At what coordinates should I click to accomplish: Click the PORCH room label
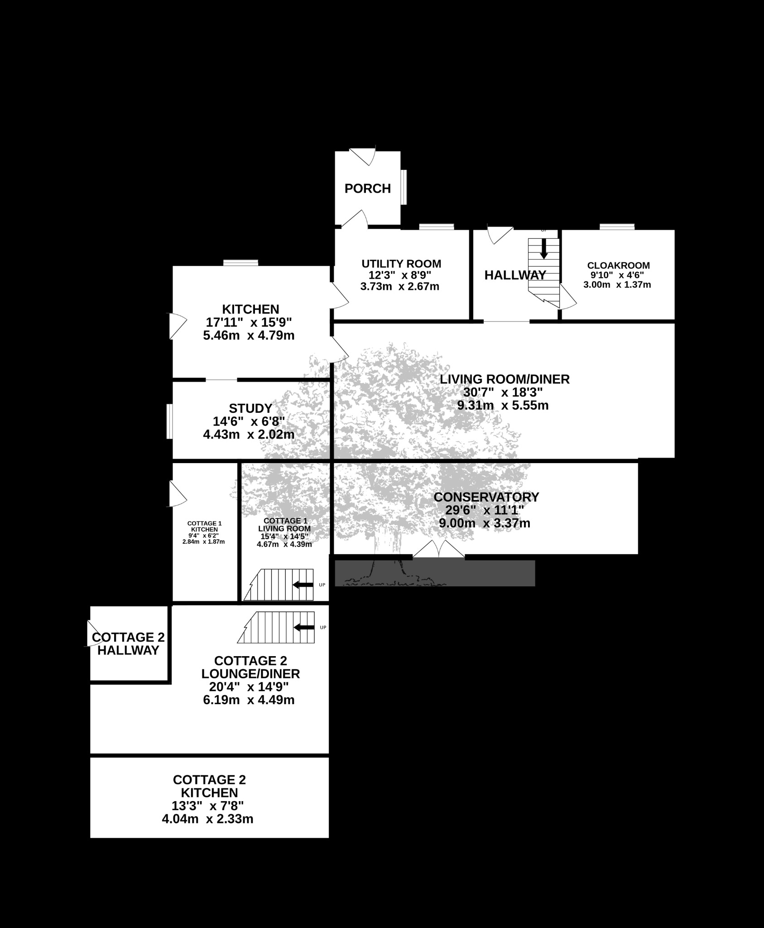tap(368, 188)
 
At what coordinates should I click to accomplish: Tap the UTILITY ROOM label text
tap(401, 264)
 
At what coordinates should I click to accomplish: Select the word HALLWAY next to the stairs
tap(515, 275)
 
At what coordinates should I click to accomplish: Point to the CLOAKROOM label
tap(618, 266)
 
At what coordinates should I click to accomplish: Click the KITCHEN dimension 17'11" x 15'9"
tap(249, 322)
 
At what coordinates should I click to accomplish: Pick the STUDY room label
tap(250, 408)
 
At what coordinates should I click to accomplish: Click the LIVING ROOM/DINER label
tap(505, 379)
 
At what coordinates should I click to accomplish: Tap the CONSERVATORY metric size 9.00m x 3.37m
tap(485, 523)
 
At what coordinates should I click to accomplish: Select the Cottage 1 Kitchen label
tap(204, 527)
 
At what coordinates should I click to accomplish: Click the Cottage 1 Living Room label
tap(284, 525)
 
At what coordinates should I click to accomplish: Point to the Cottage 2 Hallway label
tap(128, 644)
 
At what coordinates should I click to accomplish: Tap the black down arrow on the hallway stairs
tap(544, 249)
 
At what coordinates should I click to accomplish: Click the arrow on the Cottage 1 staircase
tap(303, 585)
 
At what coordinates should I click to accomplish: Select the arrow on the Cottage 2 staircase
tap(304, 627)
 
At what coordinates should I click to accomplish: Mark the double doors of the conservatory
tap(438, 549)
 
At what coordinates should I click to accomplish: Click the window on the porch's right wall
tap(404, 187)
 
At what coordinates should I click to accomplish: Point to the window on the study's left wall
tap(169, 421)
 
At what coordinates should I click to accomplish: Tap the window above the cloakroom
tap(617, 227)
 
